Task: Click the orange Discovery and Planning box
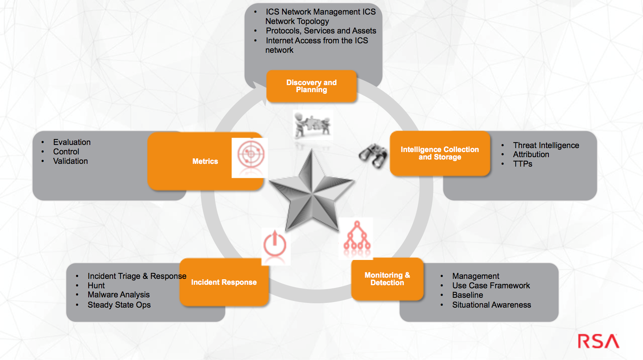[311, 86]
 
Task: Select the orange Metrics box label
[205, 161]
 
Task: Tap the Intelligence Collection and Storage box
[440, 153]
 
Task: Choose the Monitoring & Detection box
[387, 279]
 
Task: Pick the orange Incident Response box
[224, 282]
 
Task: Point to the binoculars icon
[373, 156]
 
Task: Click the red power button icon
[275, 245]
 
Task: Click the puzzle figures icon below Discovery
[313, 126]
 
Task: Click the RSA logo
[598, 341]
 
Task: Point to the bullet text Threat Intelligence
[546, 145]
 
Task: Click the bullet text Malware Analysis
[119, 295]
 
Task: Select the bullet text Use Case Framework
[491, 286]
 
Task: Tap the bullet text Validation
[71, 161]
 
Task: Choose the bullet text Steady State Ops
[119, 305]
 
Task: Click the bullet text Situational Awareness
[491, 305]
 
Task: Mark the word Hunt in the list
[96, 286]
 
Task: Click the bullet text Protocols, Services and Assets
[321, 31]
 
